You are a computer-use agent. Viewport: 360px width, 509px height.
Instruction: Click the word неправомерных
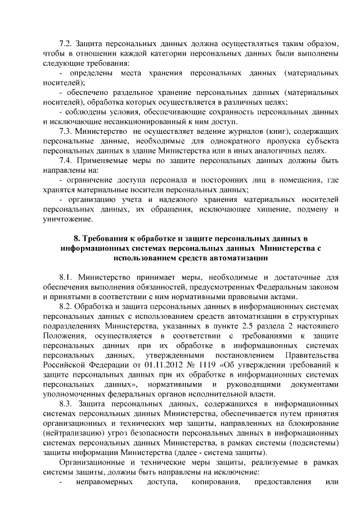(104, 483)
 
